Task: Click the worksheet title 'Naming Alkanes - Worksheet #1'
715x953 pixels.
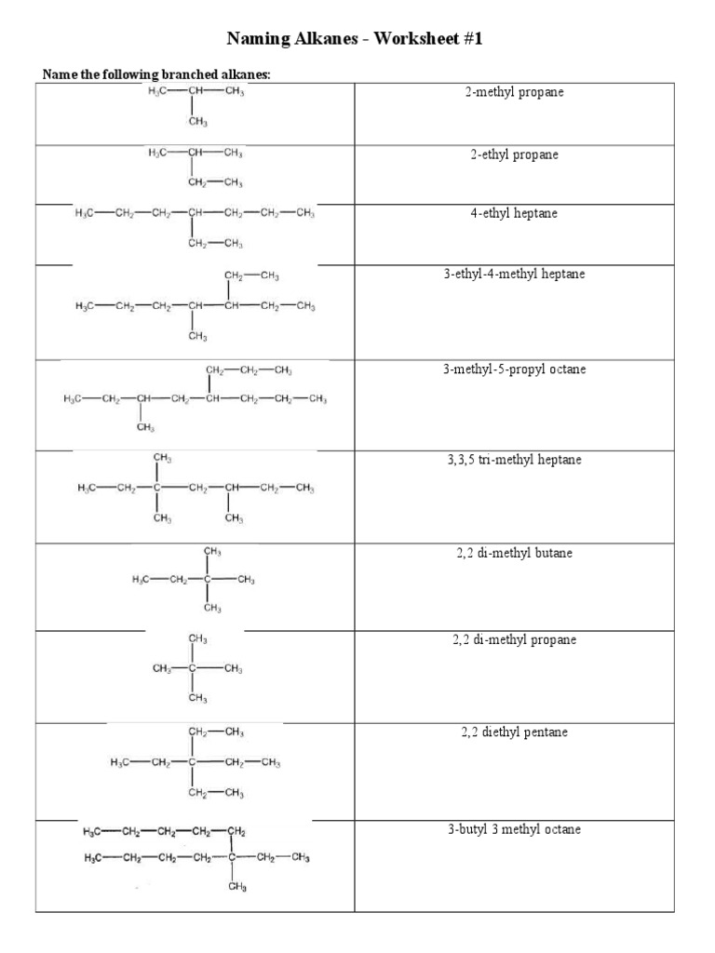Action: click(356, 39)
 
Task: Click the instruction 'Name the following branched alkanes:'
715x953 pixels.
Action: click(156, 74)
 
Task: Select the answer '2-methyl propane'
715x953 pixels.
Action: click(514, 93)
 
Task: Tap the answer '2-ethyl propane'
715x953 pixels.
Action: click(514, 154)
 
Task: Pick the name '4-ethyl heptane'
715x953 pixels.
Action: click(514, 213)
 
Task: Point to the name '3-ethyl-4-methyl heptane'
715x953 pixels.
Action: click(514, 275)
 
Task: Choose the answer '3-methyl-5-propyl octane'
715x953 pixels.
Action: click(514, 369)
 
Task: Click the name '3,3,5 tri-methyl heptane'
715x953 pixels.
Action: click(514, 461)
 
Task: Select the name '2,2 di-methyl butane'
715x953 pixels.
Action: click(514, 553)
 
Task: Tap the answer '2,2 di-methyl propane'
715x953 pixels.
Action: click(514, 640)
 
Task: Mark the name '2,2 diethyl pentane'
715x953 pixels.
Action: click(514, 732)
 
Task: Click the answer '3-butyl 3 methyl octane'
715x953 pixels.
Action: click(514, 829)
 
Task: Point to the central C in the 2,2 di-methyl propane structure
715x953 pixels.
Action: click(193, 669)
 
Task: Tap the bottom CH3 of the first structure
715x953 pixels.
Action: click(197, 122)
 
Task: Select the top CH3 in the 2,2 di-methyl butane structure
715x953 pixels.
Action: click(212, 552)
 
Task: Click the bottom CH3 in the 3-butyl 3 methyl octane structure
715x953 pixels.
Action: click(236, 888)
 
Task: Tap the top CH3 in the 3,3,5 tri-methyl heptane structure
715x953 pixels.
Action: click(162, 459)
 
